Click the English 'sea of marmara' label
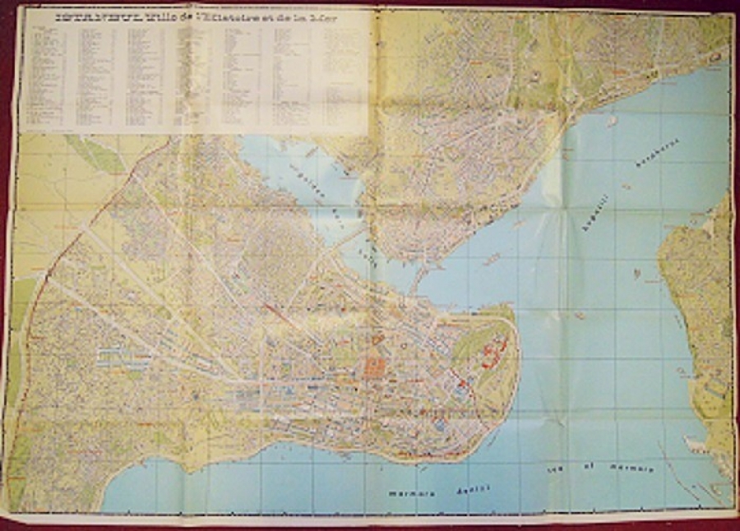pyautogui.click(x=600, y=469)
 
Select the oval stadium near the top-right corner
pyautogui.click(x=715, y=56)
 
